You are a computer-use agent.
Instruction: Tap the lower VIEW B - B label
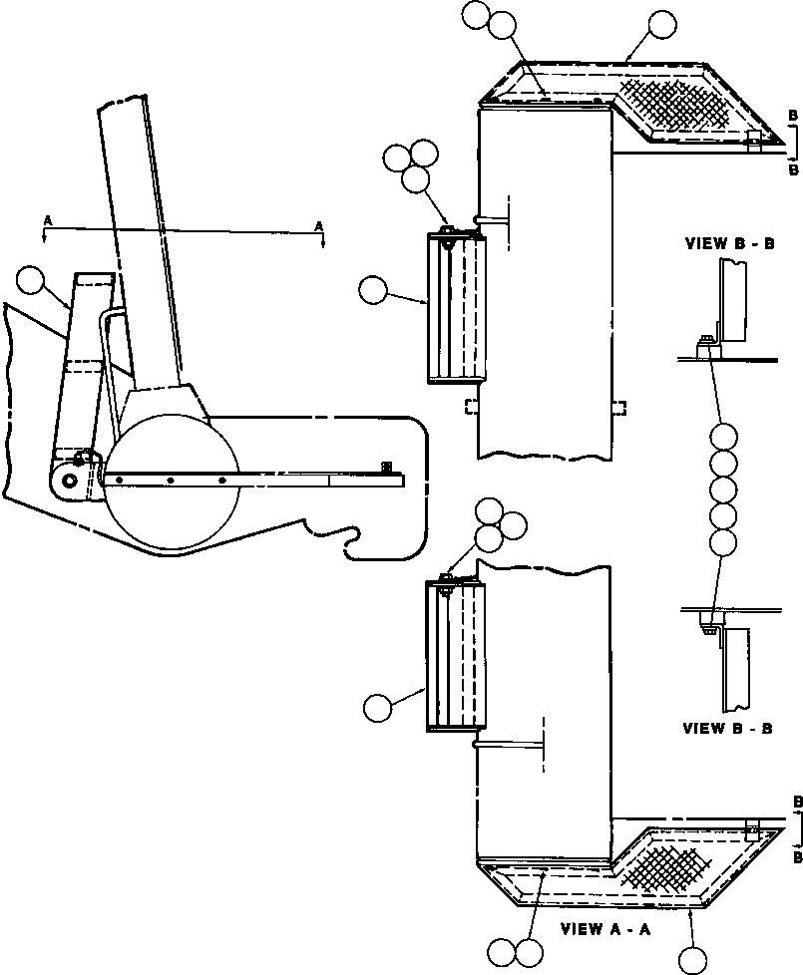pyautogui.click(x=727, y=728)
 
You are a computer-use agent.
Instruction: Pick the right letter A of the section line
pyautogui.click(x=319, y=226)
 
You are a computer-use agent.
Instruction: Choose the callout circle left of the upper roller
pyautogui.click(x=374, y=291)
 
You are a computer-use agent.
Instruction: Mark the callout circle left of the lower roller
pyautogui.click(x=377, y=708)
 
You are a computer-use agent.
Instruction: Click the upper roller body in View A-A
pyautogui.click(x=456, y=306)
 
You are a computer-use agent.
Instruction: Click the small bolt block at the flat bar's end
pyautogui.click(x=386, y=467)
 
